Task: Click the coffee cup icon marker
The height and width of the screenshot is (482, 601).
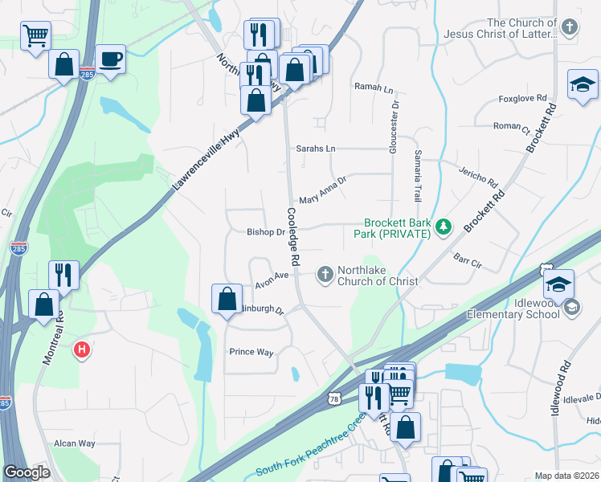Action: [x=110, y=60]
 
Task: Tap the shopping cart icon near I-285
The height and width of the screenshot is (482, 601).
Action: [x=35, y=35]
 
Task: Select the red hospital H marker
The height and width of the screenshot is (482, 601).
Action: [x=81, y=350]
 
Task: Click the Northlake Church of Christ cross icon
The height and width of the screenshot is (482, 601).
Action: [x=325, y=275]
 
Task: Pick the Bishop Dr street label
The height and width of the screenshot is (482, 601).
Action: [x=266, y=232]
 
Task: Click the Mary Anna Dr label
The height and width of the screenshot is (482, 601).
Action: [x=321, y=190]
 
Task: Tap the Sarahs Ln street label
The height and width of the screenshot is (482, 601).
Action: [x=316, y=149]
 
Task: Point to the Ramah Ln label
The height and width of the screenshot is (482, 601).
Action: [x=373, y=86]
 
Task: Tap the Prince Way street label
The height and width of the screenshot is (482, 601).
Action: [x=251, y=352]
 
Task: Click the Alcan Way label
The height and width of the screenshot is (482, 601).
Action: [x=74, y=443]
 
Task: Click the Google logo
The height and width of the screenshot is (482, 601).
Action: [x=27, y=473]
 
